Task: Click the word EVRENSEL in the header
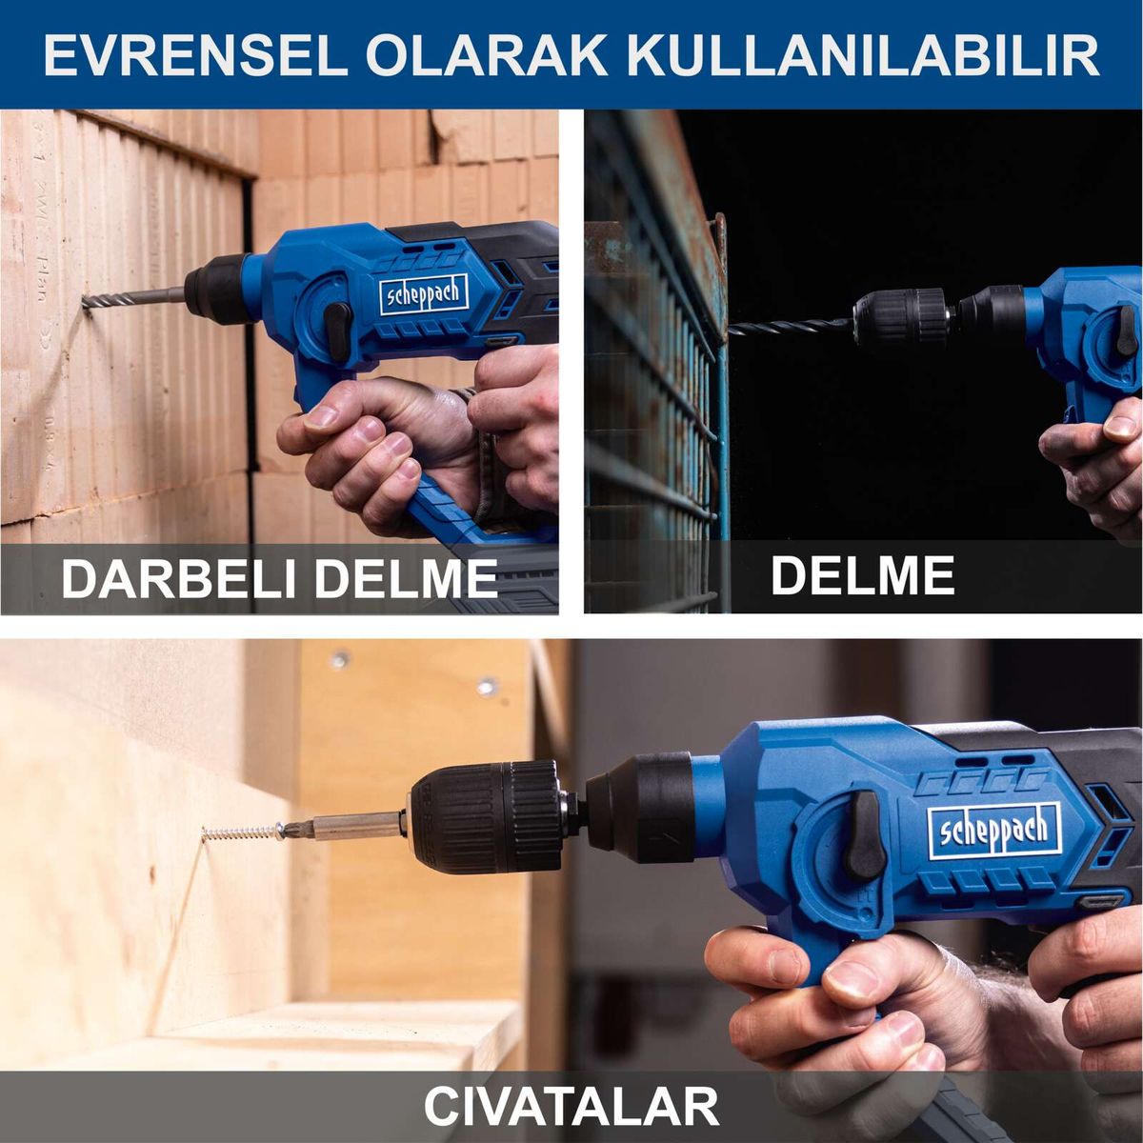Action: point(196,57)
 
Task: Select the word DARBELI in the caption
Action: point(178,578)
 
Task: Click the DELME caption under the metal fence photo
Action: point(862,574)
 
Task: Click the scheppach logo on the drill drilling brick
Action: point(424,294)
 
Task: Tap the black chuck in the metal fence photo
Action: point(898,316)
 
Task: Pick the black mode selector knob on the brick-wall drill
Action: point(337,331)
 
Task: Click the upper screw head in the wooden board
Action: point(339,658)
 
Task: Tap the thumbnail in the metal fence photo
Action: point(1120,428)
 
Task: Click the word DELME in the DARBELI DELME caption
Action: point(405,578)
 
